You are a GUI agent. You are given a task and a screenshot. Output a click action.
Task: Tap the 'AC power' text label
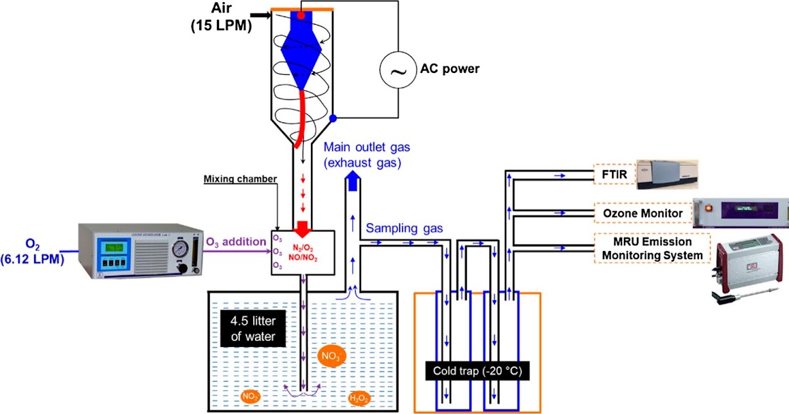click(x=450, y=69)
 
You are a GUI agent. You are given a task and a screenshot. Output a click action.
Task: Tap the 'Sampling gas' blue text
click(x=404, y=228)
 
